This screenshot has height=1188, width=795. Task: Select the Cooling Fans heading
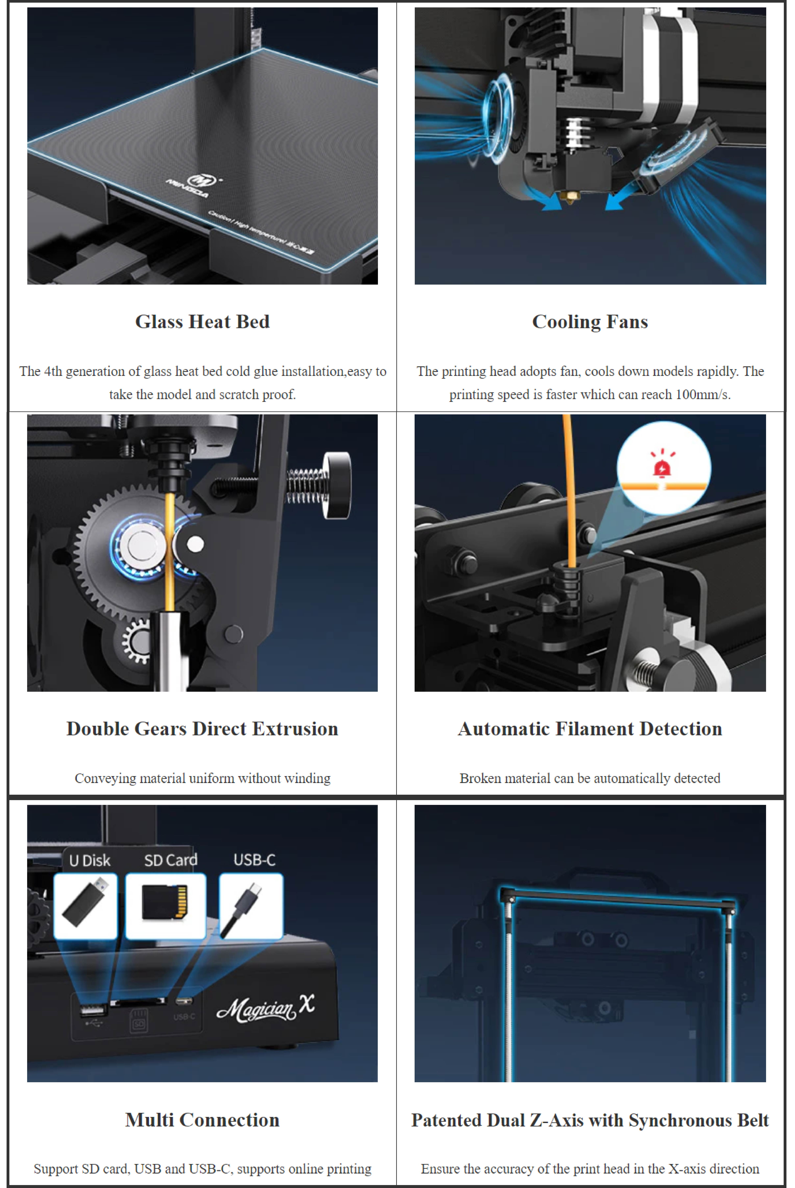[x=590, y=321]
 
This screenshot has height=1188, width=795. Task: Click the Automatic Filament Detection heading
[x=590, y=729]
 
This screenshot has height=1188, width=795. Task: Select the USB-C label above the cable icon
[x=255, y=860]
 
